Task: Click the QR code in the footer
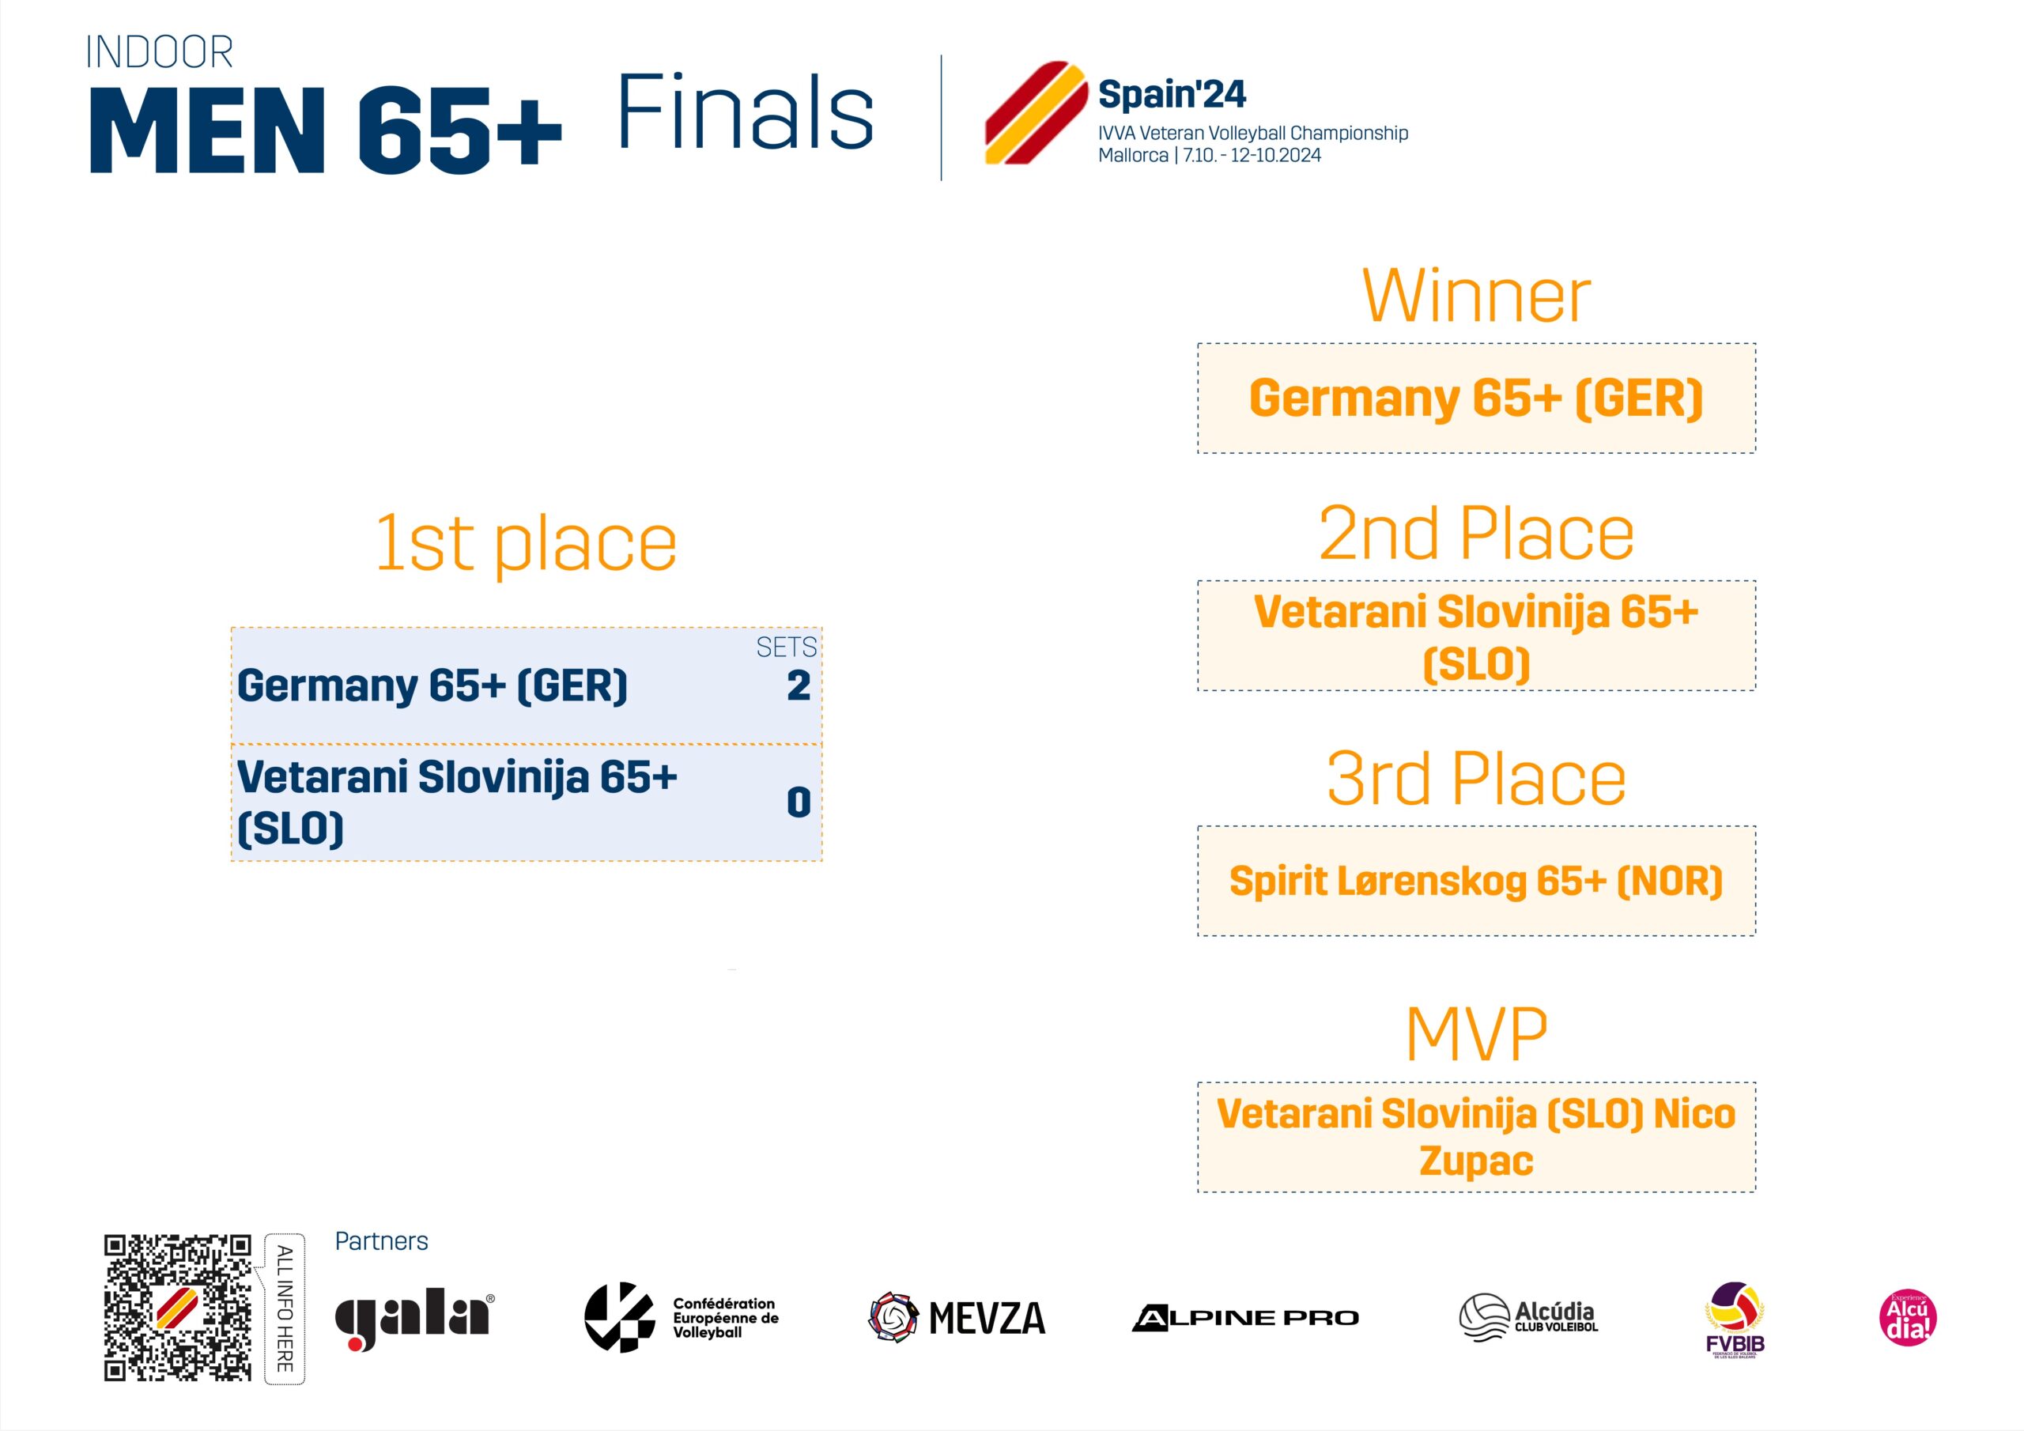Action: click(x=178, y=1307)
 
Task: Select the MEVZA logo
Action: click(x=957, y=1317)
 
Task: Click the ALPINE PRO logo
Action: click(x=1245, y=1317)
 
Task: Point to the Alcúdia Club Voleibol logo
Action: click(x=1527, y=1316)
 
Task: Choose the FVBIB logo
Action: click(x=1735, y=1319)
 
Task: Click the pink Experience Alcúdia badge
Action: click(x=1908, y=1317)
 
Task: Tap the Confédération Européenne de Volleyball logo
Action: click(x=682, y=1317)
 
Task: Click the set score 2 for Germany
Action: click(x=799, y=685)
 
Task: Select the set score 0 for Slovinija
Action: click(x=799, y=802)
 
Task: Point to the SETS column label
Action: click(x=787, y=648)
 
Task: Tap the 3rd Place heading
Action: click(x=1477, y=779)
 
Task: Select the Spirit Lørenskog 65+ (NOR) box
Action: click(x=1477, y=881)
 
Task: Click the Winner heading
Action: click(x=1477, y=296)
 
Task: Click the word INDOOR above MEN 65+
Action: click(x=160, y=52)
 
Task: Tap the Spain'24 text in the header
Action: click(x=1172, y=94)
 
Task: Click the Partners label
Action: click(x=382, y=1241)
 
